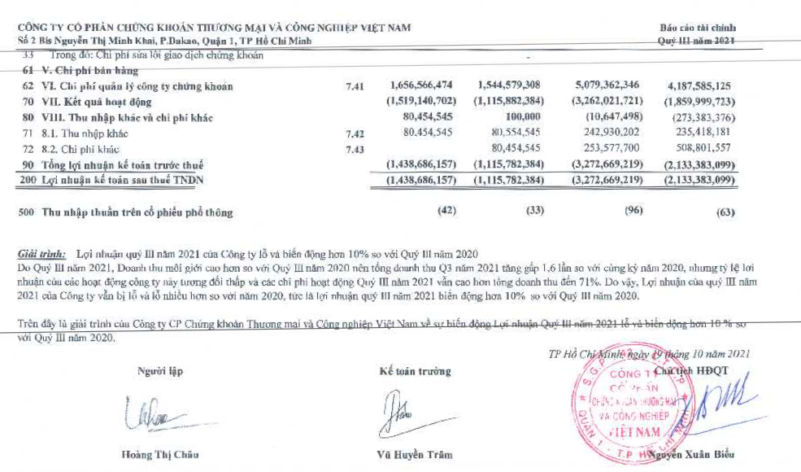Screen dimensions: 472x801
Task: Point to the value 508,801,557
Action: coord(697,148)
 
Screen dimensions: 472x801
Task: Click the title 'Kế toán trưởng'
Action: coord(415,371)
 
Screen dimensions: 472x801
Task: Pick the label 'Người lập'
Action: coord(160,371)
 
